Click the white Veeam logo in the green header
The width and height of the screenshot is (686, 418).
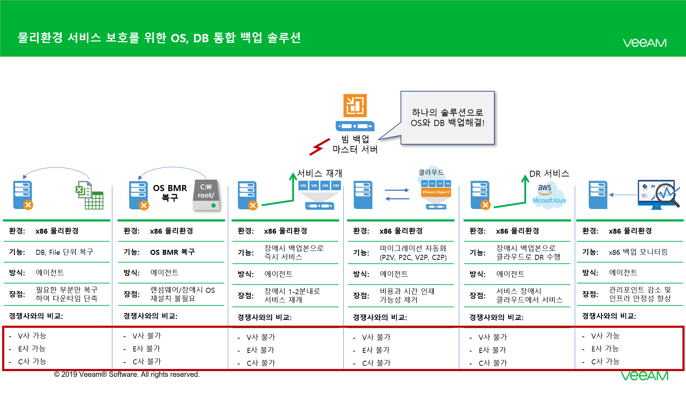[x=645, y=43]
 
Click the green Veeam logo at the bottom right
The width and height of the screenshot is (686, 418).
[x=645, y=376]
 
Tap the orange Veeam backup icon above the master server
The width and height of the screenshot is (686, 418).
[x=355, y=106]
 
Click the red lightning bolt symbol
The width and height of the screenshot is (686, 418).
[x=319, y=147]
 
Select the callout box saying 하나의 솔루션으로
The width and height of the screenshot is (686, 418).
[x=447, y=118]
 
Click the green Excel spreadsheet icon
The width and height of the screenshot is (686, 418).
[x=89, y=195]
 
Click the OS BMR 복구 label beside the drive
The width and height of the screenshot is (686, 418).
[x=170, y=193]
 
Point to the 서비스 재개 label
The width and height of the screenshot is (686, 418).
[x=319, y=174]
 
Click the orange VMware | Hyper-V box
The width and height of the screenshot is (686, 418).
[x=436, y=192]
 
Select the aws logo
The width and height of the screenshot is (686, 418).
[x=544, y=189]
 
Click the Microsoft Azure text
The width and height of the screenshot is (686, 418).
[x=549, y=201]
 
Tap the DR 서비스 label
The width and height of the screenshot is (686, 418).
[x=549, y=174]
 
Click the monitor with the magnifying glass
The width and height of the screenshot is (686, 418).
[x=658, y=194]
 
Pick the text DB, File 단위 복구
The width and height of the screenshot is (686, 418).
[x=64, y=252]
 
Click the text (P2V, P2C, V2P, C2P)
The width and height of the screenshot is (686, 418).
[x=413, y=257]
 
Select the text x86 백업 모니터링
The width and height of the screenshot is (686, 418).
[x=638, y=252]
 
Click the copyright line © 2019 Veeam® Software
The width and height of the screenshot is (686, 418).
[x=127, y=374]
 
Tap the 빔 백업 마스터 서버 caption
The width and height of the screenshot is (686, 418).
[x=355, y=144]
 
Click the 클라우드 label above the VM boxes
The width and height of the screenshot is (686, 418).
[x=431, y=172]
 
